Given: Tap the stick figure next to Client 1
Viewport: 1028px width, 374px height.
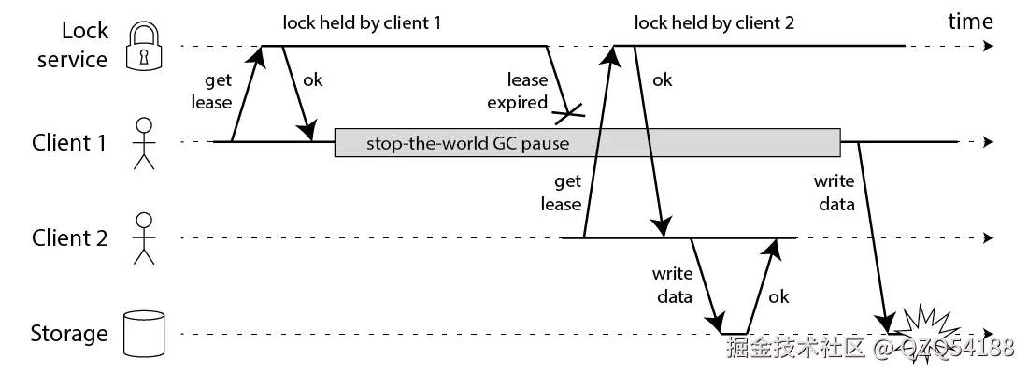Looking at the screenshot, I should tap(143, 143).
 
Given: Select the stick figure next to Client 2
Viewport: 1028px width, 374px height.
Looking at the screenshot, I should tap(143, 237).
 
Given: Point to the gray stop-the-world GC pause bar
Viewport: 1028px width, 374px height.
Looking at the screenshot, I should tap(587, 143).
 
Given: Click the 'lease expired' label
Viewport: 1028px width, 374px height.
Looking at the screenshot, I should tap(527, 92).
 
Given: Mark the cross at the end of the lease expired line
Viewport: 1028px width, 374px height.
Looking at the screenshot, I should tap(568, 115).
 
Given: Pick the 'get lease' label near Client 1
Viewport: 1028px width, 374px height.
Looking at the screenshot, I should tap(211, 91).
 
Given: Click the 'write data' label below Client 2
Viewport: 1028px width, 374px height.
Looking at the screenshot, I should tap(673, 285).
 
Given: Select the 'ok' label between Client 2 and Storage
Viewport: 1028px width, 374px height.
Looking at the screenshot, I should tap(778, 296).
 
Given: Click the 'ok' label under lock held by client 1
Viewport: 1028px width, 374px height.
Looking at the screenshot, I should tap(312, 80).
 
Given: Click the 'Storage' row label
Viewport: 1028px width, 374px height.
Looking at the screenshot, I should tap(69, 334).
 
